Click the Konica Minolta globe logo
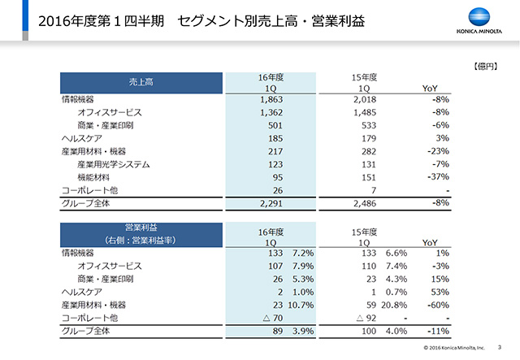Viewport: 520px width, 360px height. pyautogui.click(x=483, y=17)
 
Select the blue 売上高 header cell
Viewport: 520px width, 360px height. pyautogui.click(x=142, y=82)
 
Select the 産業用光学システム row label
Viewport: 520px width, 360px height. pyautogui.click(x=114, y=165)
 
